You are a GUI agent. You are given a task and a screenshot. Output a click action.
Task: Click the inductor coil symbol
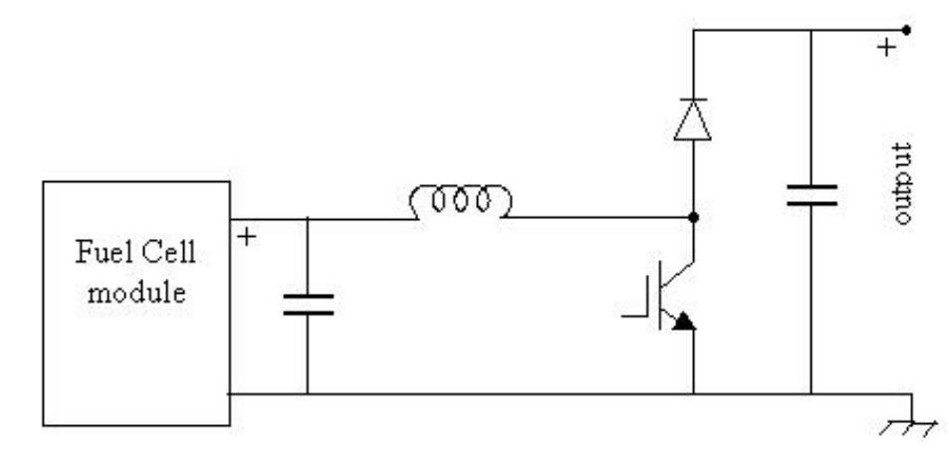[460, 203]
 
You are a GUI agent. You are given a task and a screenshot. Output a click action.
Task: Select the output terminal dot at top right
[904, 29]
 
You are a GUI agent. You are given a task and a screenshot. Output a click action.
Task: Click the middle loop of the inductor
[460, 203]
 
